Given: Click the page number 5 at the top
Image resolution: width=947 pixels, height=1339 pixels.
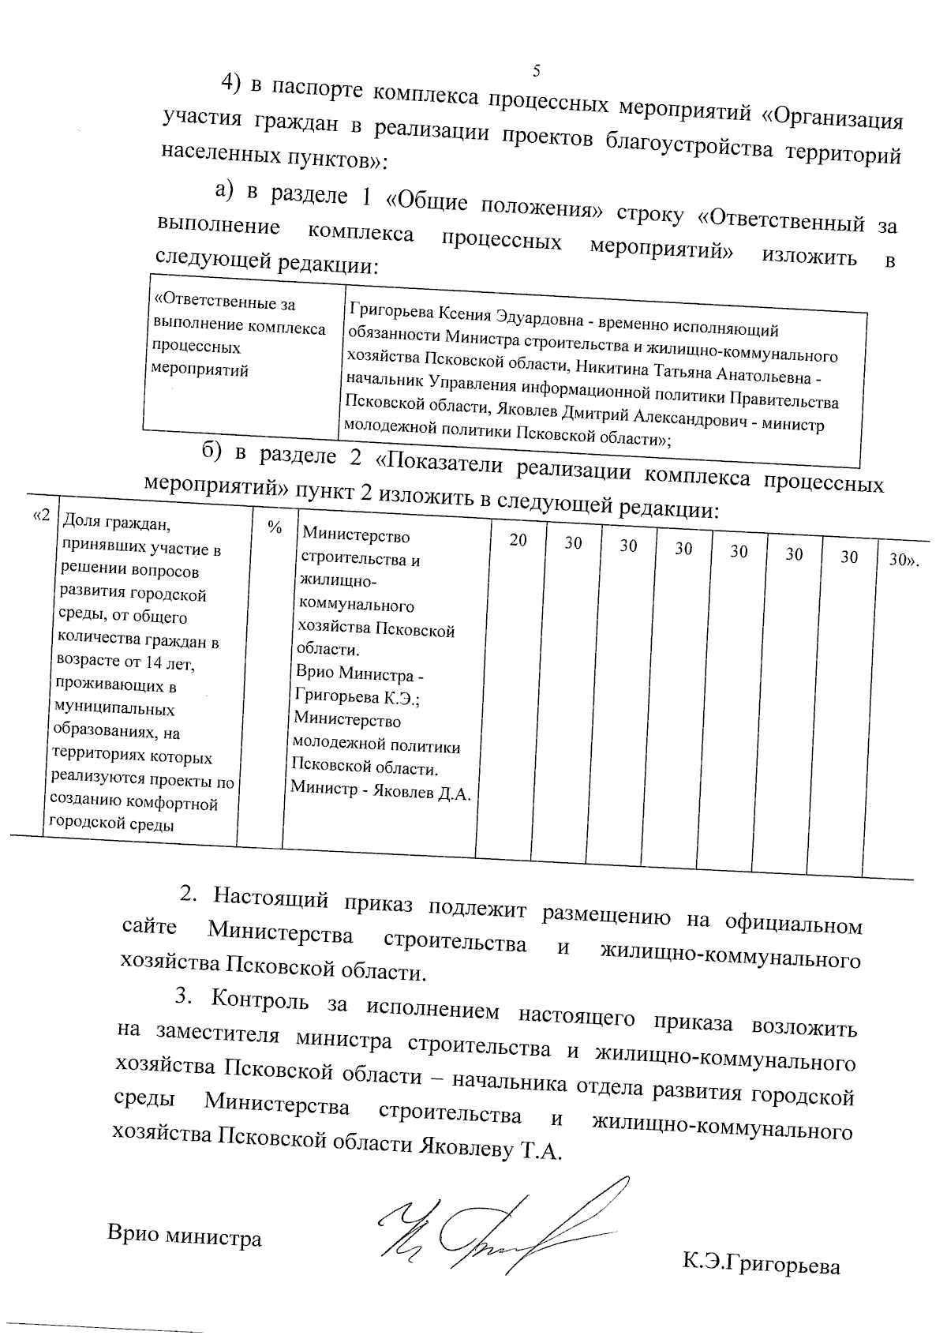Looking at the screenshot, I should tap(536, 71).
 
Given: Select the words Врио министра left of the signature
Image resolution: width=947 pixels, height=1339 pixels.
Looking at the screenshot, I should tap(184, 1236).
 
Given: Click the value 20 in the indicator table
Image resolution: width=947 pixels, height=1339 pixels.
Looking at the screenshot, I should tap(518, 541).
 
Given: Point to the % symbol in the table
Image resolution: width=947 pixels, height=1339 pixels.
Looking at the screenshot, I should tap(275, 528).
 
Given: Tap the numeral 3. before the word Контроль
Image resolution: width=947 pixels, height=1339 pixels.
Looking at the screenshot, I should tap(184, 996).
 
